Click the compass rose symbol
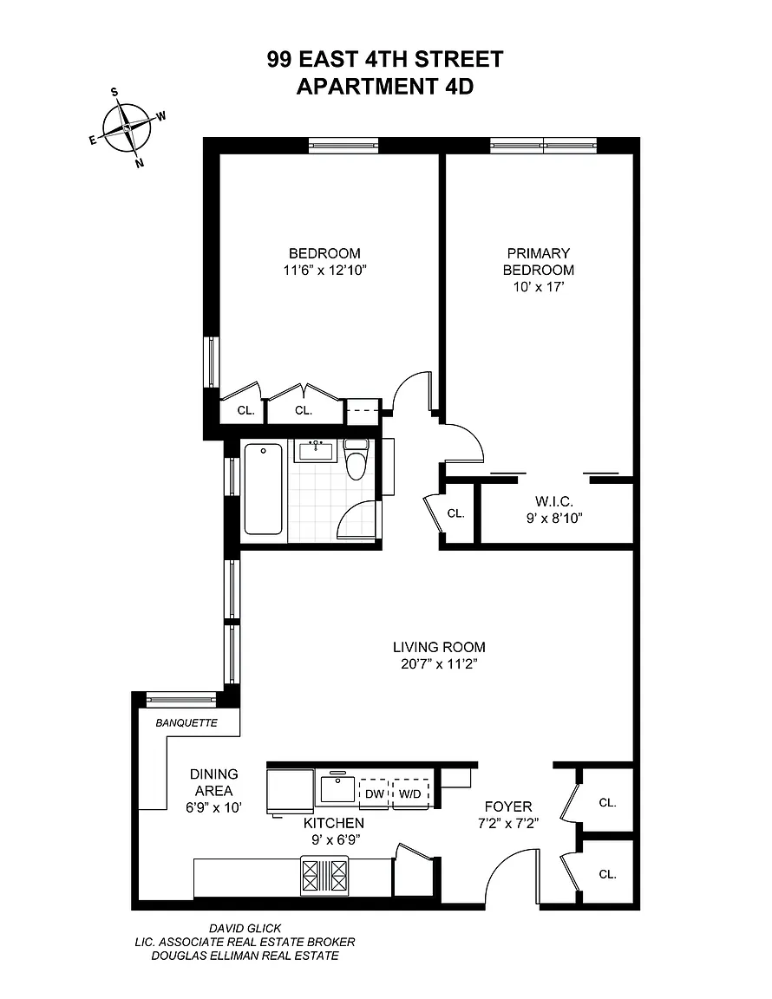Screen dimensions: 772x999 (x=128, y=127)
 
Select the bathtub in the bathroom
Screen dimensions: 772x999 (x=264, y=489)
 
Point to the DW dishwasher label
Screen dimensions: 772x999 (x=374, y=794)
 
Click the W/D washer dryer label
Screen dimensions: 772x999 (x=409, y=794)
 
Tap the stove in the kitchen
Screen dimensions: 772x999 (x=325, y=876)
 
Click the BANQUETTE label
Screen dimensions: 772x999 (x=186, y=723)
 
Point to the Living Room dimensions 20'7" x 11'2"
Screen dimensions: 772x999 (x=439, y=664)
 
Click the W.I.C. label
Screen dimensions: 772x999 (x=554, y=502)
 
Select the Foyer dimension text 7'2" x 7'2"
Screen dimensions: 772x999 (x=508, y=823)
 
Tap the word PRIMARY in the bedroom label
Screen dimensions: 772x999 (x=538, y=253)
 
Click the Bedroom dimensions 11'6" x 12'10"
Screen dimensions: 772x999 (x=325, y=271)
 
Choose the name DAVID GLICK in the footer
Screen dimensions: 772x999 (x=245, y=928)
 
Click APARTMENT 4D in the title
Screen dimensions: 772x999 (x=385, y=86)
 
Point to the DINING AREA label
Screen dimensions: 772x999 (x=214, y=782)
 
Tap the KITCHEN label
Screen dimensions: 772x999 (x=333, y=823)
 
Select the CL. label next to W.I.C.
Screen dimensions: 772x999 (x=455, y=513)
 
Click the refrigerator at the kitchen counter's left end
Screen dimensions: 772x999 (x=290, y=791)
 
